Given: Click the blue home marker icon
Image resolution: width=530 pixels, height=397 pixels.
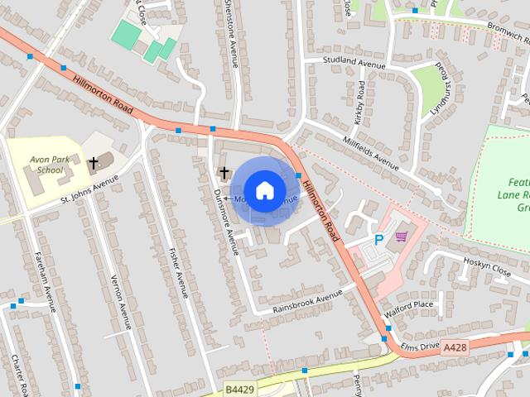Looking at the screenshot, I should click(x=264, y=190).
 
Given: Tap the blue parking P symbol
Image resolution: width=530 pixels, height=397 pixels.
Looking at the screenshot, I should click(x=378, y=240).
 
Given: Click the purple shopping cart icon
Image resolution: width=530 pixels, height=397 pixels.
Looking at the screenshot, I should click(x=402, y=237).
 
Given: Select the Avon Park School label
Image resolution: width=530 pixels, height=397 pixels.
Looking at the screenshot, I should click(x=46, y=164).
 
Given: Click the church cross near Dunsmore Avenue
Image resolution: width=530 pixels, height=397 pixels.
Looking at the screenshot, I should click(x=224, y=172).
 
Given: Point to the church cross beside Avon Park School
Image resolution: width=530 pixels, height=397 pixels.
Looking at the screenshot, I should click(x=94, y=162).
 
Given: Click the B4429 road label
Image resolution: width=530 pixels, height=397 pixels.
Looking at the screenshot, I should click(x=240, y=386).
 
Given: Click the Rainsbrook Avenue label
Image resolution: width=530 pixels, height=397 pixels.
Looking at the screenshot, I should click(x=309, y=301).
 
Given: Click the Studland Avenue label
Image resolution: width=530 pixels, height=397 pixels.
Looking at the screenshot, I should click(x=354, y=63).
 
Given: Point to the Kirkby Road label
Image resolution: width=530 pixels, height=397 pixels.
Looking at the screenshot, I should click(x=361, y=103).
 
